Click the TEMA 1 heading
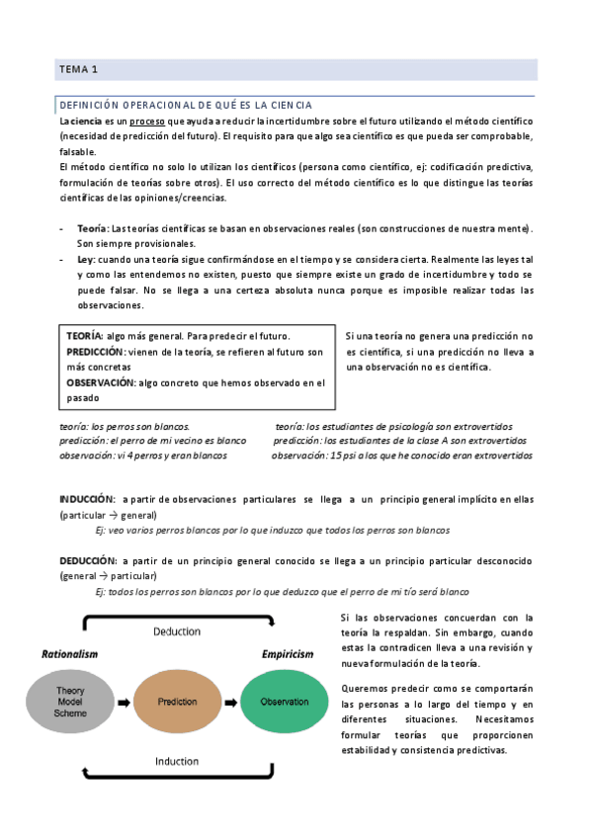(x=79, y=70)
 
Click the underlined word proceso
(x=145, y=121)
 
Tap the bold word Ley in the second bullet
(x=85, y=259)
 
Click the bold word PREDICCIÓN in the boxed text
(x=96, y=353)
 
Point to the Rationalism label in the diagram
(x=69, y=654)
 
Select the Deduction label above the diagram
(x=178, y=631)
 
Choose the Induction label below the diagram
(x=177, y=762)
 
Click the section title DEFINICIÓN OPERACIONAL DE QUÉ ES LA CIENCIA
(x=186, y=105)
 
